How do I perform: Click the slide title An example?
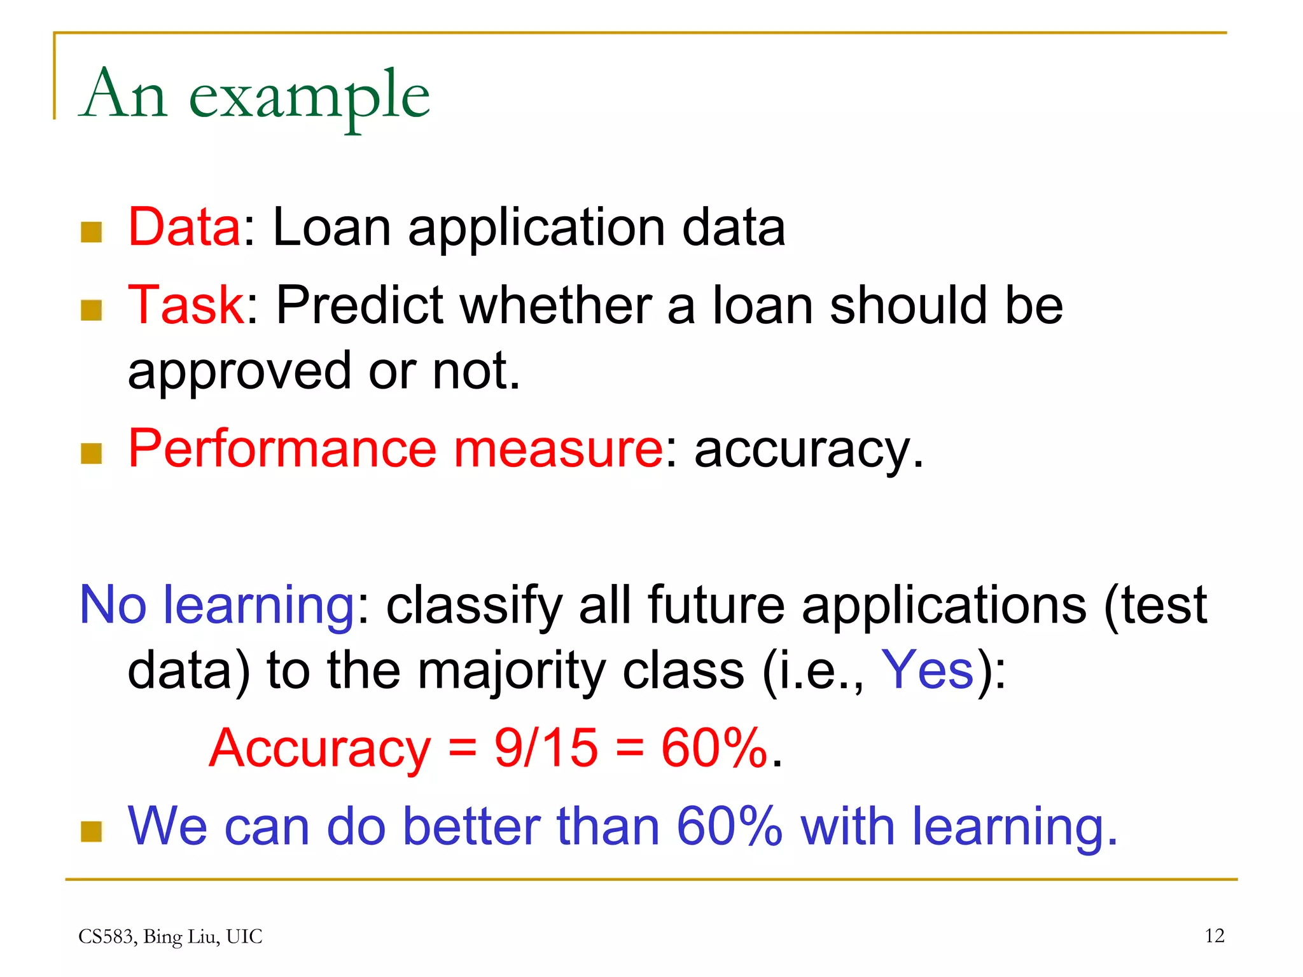pyautogui.click(x=254, y=95)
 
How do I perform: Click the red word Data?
pyautogui.click(x=184, y=227)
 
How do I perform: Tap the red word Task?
pyautogui.click(x=186, y=305)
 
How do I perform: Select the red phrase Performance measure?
pyautogui.click(x=395, y=449)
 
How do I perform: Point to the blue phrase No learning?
pyautogui.click(x=216, y=606)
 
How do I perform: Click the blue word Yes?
pyautogui.click(x=927, y=670)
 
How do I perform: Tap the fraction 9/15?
pyautogui.click(x=546, y=748)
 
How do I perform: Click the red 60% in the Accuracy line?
pyautogui.click(x=714, y=748)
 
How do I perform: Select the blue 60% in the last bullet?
pyautogui.click(x=729, y=827)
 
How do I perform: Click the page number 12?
pyautogui.click(x=1214, y=936)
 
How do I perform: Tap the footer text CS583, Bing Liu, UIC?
pyautogui.click(x=170, y=936)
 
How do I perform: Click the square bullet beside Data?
pyautogui.click(x=92, y=232)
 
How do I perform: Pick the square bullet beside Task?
pyautogui.click(x=92, y=310)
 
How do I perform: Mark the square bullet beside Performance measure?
pyautogui.click(x=92, y=454)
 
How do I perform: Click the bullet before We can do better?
pyautogui.click(x=92, y=831)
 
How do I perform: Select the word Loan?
pyautogui.click(x=331, y=227)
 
